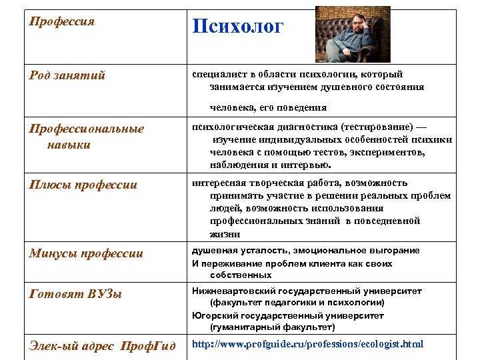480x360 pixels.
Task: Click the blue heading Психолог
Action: click(237, 27)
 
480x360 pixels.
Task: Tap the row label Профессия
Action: click(62, 22)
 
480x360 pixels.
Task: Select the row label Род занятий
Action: click(67, 75)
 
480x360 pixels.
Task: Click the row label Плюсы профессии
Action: click(83, 185)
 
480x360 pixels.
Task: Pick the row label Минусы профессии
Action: click(86, 254)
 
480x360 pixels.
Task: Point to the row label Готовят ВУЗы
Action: click(75, 294)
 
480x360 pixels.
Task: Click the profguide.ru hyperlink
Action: click(307, 344)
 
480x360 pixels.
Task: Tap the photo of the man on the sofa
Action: click(353, 34)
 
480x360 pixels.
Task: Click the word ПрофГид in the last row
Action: click(148, 346)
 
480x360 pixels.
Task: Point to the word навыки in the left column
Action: click(69, 145)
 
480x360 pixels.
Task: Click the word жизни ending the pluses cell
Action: click(225, 235)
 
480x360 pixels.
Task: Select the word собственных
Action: click(241, 275)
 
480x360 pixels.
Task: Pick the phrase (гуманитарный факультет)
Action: click(273, 327)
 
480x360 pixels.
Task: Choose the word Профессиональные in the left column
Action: click(86, 129)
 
